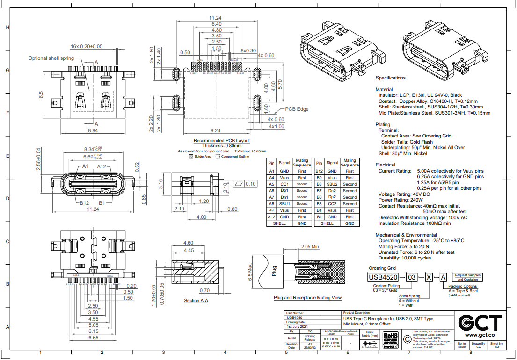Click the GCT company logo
[x=481, y=323]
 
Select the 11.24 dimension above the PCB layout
[x=216, y=18]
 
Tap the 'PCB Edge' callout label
[x=297, y=109]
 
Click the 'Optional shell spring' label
[x=51, y=58]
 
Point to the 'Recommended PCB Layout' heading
[x=221, y=140]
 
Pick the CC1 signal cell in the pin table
[x=284, y=184]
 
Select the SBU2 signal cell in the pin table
[x=332, y=184]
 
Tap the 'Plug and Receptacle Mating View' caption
[x=307, y=298]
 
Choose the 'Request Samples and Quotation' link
[x=467, y=277]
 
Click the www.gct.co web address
[x=481, y=335]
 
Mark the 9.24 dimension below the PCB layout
[x=216, y=130]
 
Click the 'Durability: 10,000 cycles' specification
[x=404, y=258]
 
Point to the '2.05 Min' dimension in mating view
[x=310, y=246]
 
